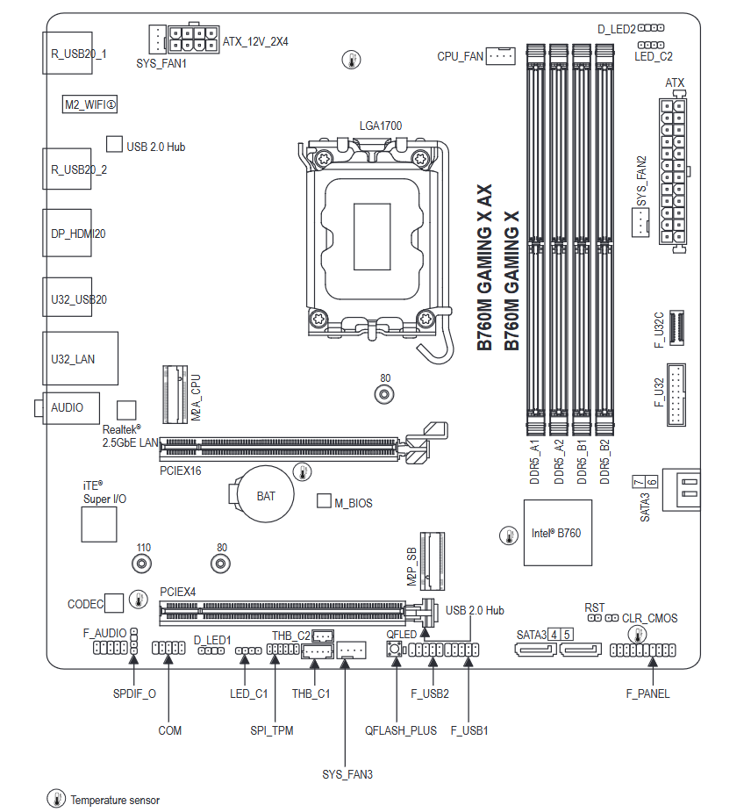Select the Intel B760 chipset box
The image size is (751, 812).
click(556, 533)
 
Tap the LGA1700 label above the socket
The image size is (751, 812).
click(380, 126)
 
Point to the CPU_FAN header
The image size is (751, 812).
click(501, 56)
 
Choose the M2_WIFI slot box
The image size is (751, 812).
click(90, 104)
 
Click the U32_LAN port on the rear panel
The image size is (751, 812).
click(80, 358)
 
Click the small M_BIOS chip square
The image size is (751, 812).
click(323, 502)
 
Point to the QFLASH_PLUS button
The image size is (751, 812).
click(395, 650)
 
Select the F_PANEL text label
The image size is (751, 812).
click(647, 693)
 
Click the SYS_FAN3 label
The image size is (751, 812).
click(347, 774)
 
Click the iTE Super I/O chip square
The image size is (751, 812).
click(98, 524)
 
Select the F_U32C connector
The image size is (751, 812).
click(676, 328)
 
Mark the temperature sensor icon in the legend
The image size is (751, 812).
click(56, 799)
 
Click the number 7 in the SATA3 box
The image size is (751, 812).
click(638, 483)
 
